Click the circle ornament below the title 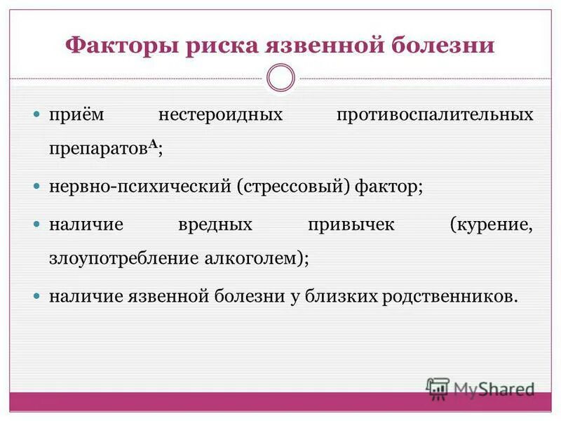pyautogui.click(x=281, y=78)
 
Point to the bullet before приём pyautogui.click(x=39, y=114)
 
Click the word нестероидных pyautogui.click(x=220, y=114)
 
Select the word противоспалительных pyautogui.click(x=435, y=114)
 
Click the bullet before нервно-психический pyautogui.click(x=39, y=187)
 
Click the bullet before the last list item pyautogui.click(x=39, y=296)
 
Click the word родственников pyautogui.click(x=450, y=296)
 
